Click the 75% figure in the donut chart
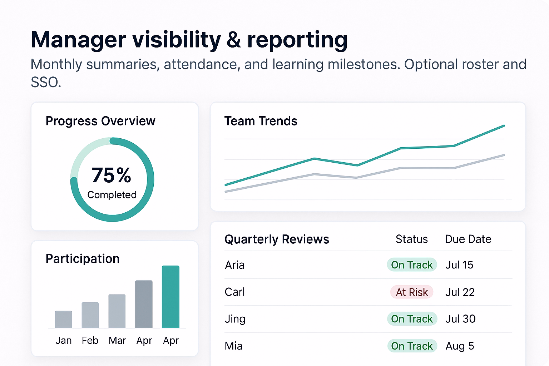tap(112, 175)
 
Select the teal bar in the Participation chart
tap(170, 297)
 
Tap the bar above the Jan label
tap(64, 319)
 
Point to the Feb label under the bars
tap(90, 340)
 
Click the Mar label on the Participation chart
tap(117, 340)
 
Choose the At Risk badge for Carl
tap(412, 292)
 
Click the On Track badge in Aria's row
tap(412, 265)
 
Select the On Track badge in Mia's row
tap(412, 346)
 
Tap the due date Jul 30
tap(460, 319)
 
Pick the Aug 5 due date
tap(460, 346)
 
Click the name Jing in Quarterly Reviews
tap(235, 319)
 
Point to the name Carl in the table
tap(234, 292)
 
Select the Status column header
tap(412, 239)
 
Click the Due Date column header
tap(468, 239)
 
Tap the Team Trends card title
tap(261, 121)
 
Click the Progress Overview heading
tap(100, 121)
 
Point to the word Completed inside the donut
tap(112, 195)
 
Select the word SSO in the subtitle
tap(46, 83)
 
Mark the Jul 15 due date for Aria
tap(459, 265)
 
